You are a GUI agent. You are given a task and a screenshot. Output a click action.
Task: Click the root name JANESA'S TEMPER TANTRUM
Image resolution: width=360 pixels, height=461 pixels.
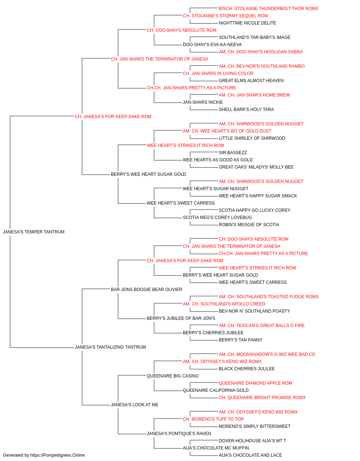point(33,232)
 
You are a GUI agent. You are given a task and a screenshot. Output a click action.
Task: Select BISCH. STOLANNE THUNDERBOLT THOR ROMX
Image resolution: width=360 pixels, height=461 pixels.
point(269,9)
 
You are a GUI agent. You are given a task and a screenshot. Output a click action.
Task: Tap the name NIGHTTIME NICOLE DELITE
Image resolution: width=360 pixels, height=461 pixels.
point(247,23)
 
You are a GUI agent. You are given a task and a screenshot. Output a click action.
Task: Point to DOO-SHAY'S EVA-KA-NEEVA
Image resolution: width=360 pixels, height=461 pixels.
point(212,45)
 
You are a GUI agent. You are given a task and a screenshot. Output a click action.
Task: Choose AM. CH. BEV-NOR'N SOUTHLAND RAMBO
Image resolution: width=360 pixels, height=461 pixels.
point(262,66)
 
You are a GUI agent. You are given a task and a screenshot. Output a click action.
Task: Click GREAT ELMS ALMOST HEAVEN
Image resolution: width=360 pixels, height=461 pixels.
point(251,81)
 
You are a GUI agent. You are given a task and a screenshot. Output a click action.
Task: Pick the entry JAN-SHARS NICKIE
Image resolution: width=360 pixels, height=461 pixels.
point(203,102)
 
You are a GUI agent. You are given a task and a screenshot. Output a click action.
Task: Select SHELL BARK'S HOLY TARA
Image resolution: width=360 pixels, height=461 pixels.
point(246,109)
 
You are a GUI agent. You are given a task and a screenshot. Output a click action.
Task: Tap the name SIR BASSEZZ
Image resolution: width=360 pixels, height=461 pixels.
point(233,153)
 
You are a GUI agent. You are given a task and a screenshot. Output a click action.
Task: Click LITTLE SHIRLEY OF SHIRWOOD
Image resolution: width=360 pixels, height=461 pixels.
point(252,138)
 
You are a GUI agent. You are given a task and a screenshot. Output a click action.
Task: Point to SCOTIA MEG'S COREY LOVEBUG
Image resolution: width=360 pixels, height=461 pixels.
point(217,218)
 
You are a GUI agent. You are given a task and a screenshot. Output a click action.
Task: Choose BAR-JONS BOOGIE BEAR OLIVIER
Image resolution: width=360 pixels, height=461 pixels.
point(146,290)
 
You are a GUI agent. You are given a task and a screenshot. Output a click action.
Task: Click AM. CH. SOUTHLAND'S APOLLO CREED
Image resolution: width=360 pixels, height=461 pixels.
point(224,304)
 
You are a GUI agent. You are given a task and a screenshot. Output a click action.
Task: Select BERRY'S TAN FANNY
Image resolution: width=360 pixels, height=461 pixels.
point(240,340)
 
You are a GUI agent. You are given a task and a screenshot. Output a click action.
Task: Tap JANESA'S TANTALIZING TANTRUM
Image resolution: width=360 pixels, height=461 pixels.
point(110,347)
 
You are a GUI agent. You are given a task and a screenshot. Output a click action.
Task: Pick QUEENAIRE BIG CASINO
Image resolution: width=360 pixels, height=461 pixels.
point(172,376)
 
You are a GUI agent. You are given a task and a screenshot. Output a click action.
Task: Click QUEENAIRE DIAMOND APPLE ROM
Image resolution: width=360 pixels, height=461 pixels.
point(255,383)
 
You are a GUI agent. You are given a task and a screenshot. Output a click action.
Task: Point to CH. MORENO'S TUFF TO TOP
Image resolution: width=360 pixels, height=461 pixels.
point(213,420)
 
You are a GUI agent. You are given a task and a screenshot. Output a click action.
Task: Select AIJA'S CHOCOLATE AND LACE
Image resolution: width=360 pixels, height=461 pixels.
point(250,455)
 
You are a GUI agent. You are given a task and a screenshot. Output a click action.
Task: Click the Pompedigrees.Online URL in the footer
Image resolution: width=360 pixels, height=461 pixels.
point(57,455)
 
